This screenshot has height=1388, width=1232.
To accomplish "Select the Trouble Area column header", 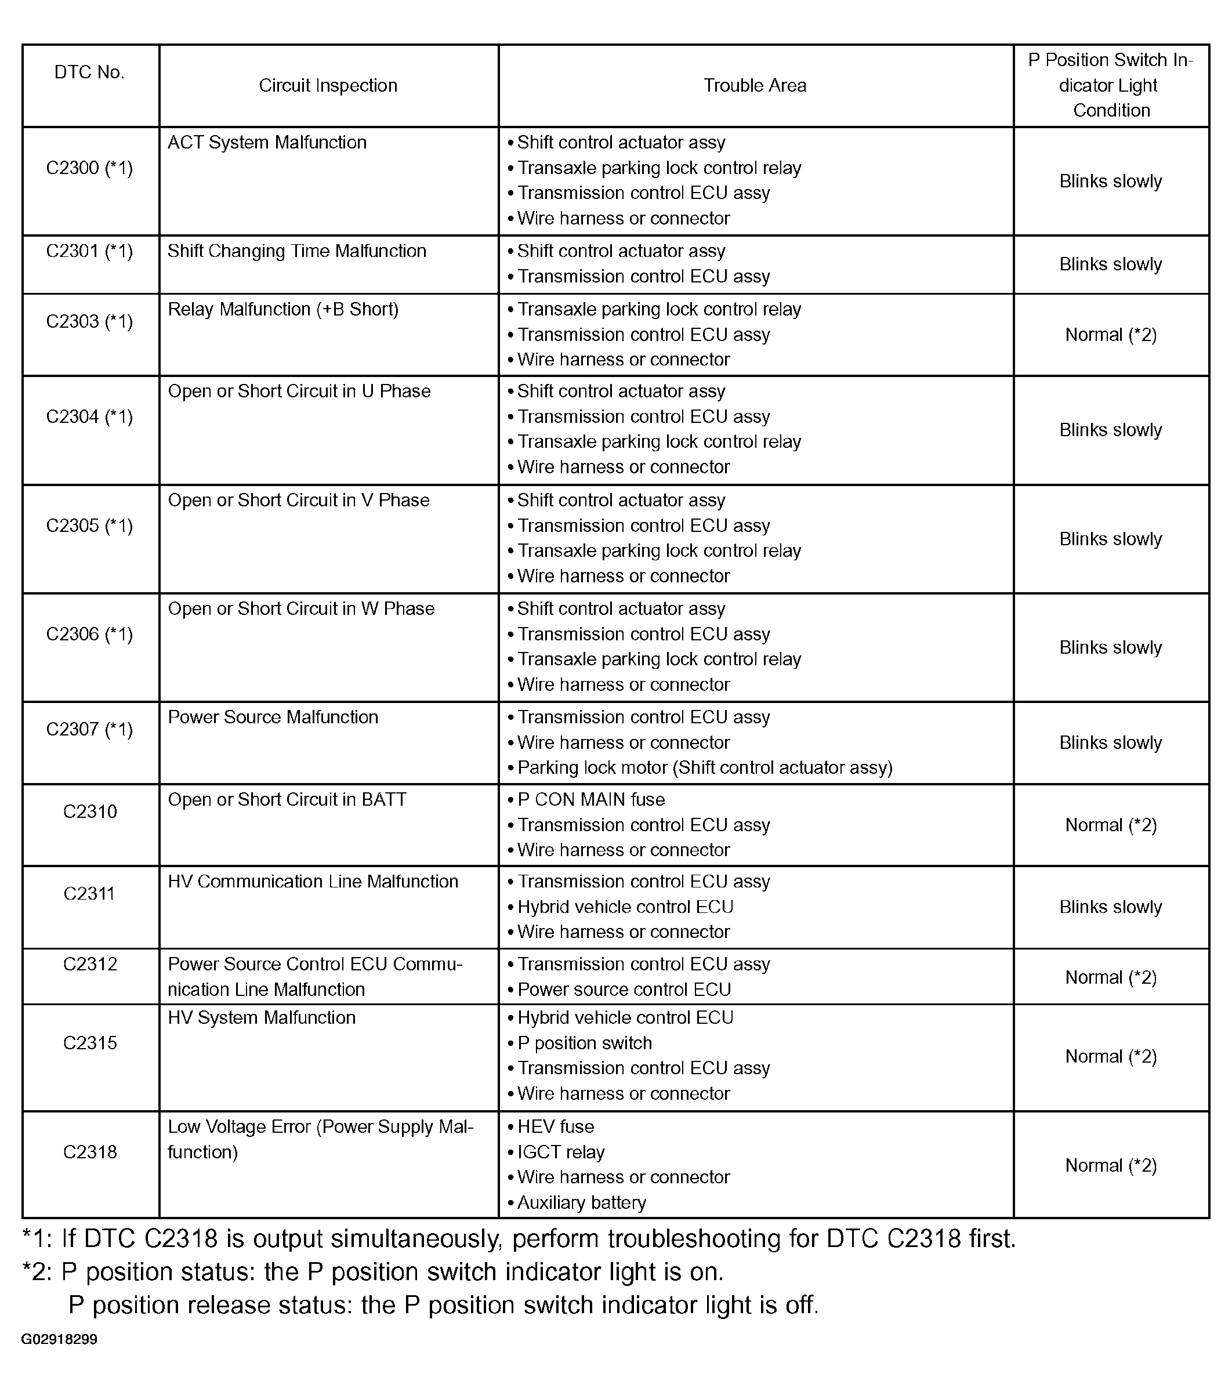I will pos(755,86).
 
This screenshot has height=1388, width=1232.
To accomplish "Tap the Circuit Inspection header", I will pos(328,86).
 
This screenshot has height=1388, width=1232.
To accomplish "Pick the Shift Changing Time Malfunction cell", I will pos(297,251).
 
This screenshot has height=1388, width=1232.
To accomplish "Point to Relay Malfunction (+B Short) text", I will pos(282,310).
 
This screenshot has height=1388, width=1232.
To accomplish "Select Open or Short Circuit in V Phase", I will pos(298,501).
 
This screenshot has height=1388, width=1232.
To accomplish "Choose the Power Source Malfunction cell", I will pos(273,717).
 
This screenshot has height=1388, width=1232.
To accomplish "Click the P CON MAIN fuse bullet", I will pos(591,800).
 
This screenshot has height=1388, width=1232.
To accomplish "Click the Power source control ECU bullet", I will pos(624,990).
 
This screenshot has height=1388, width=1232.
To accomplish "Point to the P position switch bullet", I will pos(584,1043).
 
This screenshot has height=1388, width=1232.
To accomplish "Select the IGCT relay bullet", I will pos(561,1152).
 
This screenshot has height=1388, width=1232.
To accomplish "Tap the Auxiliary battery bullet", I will pos(581,1202).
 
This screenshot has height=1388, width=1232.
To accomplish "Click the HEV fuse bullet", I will pos(556,1126).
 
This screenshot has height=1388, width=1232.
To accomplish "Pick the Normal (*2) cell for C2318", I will pos(1110,1165).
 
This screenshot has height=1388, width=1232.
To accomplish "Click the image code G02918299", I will pos(59,1339).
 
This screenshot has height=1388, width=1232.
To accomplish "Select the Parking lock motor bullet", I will pos(704,768).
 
